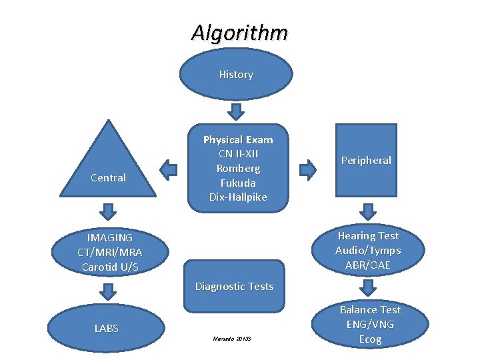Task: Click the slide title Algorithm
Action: tap(239, 33)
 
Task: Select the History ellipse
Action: tap(236, 74)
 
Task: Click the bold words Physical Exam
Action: tap(238, 140)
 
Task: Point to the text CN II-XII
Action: tap(238, 154)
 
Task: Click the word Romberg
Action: tap(238, 169)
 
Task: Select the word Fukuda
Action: tap(238, 183)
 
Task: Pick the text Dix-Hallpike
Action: tap(238, 197)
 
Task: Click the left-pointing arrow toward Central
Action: tap(170, 169)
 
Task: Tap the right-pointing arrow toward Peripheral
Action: tap(307, 170)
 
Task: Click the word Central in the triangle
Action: tap(108, 177)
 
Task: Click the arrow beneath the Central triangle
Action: tap(108, 212)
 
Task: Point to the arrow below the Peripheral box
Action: tap(367, 211)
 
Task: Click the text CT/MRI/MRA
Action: tap(109, 253)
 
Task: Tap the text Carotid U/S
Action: tap(109, 267)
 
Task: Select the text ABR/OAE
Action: tap(368, 265)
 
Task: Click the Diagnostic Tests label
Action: tap(234, 287)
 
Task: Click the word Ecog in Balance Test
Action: tap(370, 339)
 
